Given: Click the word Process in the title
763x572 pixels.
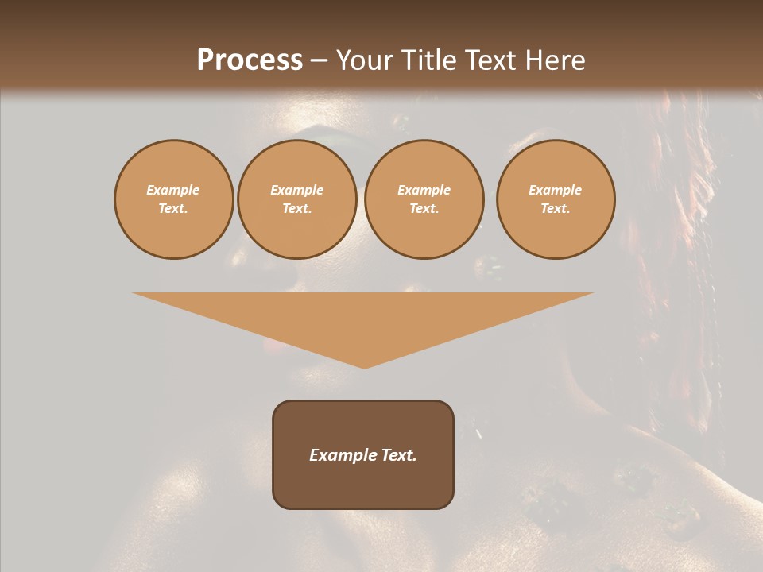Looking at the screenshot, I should pyautogui.click(x=250, y=60).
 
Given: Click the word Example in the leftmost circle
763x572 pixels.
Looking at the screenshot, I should pyautogui.click(x=173, y=190).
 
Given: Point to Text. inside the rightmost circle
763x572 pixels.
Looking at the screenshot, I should pyautogui.click(x=556, y=208).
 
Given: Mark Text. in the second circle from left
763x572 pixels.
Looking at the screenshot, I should pyautogui.click(x=297, y=208).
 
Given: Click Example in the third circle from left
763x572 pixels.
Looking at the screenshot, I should pyautogui.click(x=424, y=190).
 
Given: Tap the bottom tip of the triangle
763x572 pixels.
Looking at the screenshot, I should pyautogui.click(x=364, y=366).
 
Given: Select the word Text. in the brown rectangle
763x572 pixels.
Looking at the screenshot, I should pyautogui.click(x=398, y=455).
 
